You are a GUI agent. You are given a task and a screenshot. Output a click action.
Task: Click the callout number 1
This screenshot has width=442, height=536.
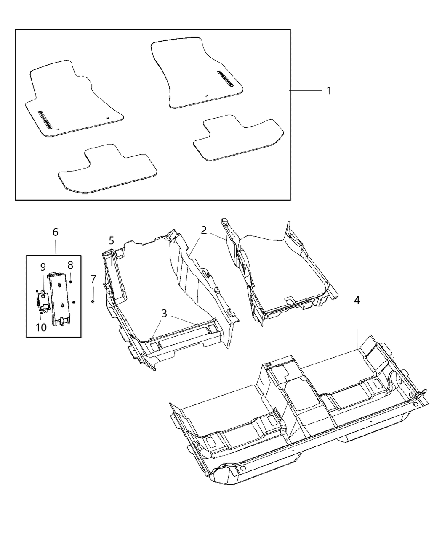pos(329,90)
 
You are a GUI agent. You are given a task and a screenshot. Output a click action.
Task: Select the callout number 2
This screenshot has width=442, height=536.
pos(204,230)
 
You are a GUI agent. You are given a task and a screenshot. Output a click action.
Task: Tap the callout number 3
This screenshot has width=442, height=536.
pos(164,313)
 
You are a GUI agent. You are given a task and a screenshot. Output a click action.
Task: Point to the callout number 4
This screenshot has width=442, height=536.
pos(357,300)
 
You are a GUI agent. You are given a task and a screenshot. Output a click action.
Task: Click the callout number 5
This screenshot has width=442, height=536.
pos(111,240)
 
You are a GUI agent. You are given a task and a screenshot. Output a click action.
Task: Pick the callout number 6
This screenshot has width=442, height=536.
pos(56,232)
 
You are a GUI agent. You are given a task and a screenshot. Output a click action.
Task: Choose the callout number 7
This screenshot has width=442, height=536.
pos(93,279)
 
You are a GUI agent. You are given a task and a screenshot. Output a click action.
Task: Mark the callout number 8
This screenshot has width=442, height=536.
pos(70,265)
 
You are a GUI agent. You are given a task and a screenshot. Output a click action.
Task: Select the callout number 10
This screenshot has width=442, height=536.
pos(41,327)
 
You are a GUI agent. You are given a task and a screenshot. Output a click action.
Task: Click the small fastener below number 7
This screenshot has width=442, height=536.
pos(93,301)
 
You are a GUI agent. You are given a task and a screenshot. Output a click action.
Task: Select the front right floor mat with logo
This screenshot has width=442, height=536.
pos(196,71)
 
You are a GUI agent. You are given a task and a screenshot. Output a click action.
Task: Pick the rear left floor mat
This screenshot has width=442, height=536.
pos(107,170)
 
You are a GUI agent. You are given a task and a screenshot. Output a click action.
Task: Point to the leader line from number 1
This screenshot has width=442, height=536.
pos(305,90)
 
